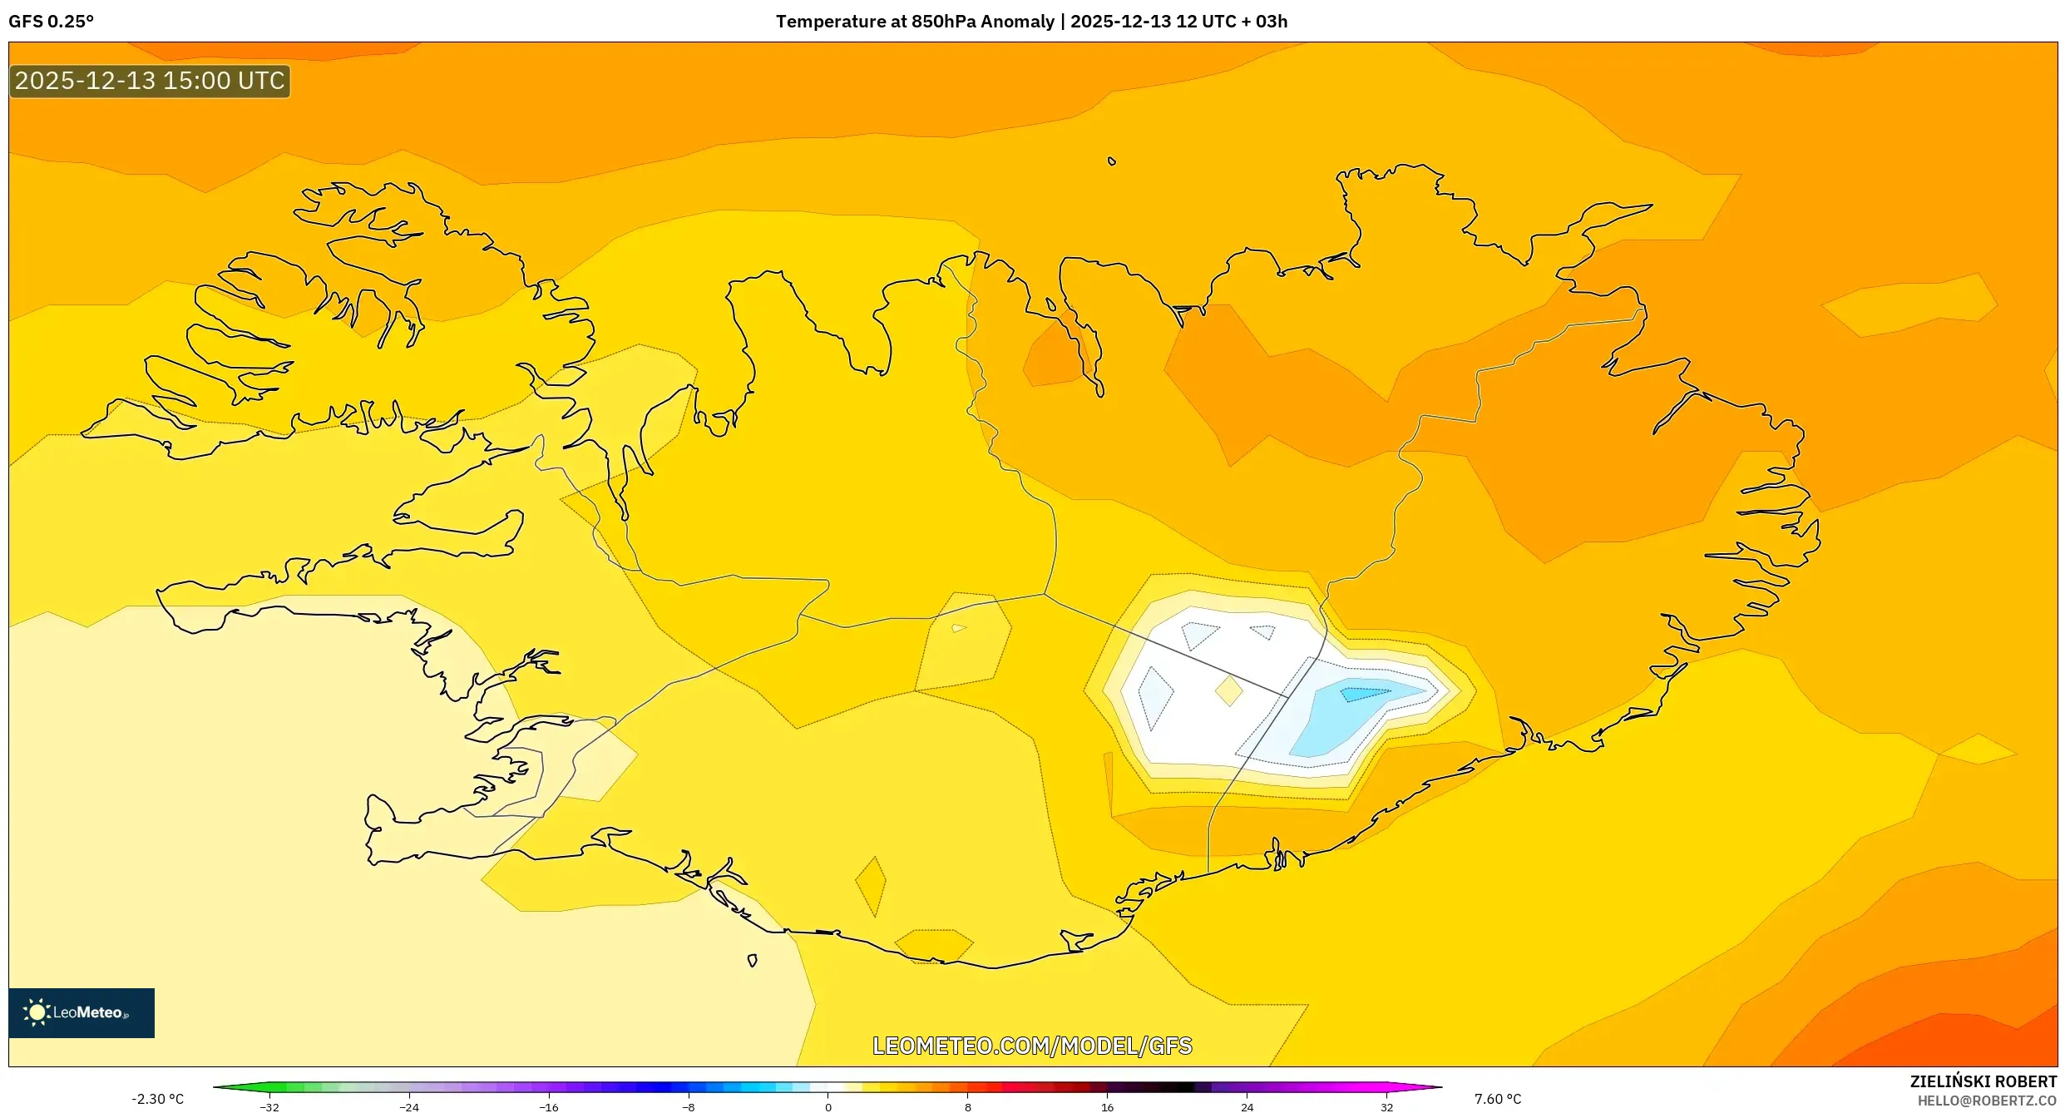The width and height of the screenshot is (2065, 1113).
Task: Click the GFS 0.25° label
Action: (x=51, y=22)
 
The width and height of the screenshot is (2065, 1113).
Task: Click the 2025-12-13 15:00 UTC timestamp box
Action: (x=150, y=81)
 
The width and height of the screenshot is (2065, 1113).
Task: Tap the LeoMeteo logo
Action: (x=81, y=1012)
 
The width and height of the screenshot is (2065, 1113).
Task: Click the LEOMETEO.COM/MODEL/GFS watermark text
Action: (x=1031, y=1046)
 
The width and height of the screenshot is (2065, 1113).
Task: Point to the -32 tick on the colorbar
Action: (x=269, y=1107)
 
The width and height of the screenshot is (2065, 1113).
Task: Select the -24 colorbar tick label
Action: (x=409, y=1107)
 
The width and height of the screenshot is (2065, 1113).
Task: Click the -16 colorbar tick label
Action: (x=549, y=1107)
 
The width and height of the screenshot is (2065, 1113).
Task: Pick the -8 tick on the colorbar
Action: (x=689, y=1107)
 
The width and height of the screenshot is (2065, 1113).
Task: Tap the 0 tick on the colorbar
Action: (x=828, y=1107)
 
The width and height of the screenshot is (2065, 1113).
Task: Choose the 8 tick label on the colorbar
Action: (x=968, y=1107)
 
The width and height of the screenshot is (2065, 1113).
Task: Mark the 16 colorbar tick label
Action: (x=1108, y=1107)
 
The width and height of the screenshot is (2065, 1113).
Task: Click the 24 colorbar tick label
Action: (x=1247, y=1107)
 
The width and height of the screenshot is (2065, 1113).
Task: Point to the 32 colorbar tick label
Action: (x=1387, y=1107)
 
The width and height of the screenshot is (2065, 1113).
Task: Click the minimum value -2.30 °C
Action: (x=157, y=1099)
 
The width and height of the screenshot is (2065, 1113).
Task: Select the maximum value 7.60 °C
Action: (x=1498, y=1099)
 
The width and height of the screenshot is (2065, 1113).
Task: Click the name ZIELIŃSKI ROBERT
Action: (x=1983, y=1081)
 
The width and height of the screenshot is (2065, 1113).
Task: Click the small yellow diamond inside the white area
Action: (x=1228, y=690)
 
